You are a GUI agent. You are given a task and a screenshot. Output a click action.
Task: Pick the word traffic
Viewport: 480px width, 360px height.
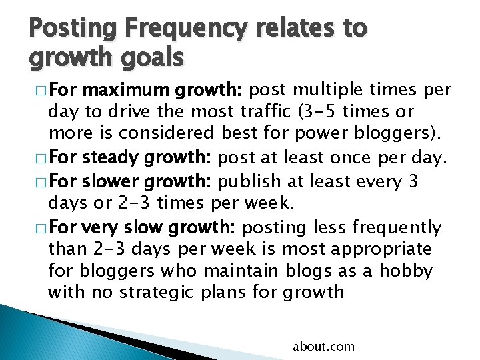click(x=267, y=111)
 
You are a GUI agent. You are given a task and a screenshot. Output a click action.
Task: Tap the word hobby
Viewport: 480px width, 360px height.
click(x=405, y=271)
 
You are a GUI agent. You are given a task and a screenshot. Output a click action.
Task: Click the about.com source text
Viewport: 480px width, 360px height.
click(x=323, y=347)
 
